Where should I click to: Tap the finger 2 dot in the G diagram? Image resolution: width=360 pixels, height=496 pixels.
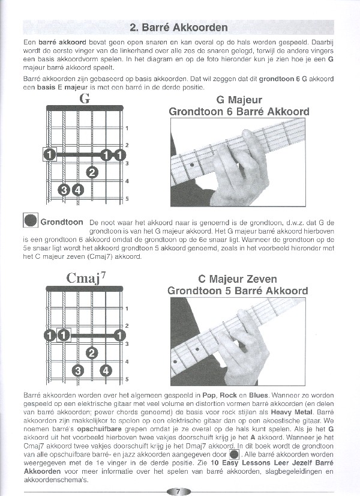(92, 173)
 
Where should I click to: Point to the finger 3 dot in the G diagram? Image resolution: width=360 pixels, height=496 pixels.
(64, 191)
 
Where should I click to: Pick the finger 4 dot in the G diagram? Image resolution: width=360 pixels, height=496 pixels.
(78, 191)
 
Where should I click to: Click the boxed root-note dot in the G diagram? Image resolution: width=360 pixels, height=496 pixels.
(50, 155)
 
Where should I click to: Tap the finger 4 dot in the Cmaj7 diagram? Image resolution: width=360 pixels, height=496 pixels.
(106, 370)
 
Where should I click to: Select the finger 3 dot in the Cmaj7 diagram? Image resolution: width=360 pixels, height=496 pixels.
(77, 370)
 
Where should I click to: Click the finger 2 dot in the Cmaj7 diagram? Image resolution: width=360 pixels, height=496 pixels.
(92, 352)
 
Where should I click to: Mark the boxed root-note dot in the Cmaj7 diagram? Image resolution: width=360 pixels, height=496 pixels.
(64, 334)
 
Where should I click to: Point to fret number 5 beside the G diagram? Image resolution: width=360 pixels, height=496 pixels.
(127, 199)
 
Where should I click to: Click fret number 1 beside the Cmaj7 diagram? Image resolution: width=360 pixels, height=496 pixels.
(127, 308)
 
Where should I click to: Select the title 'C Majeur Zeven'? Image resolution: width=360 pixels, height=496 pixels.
(238, 280)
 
